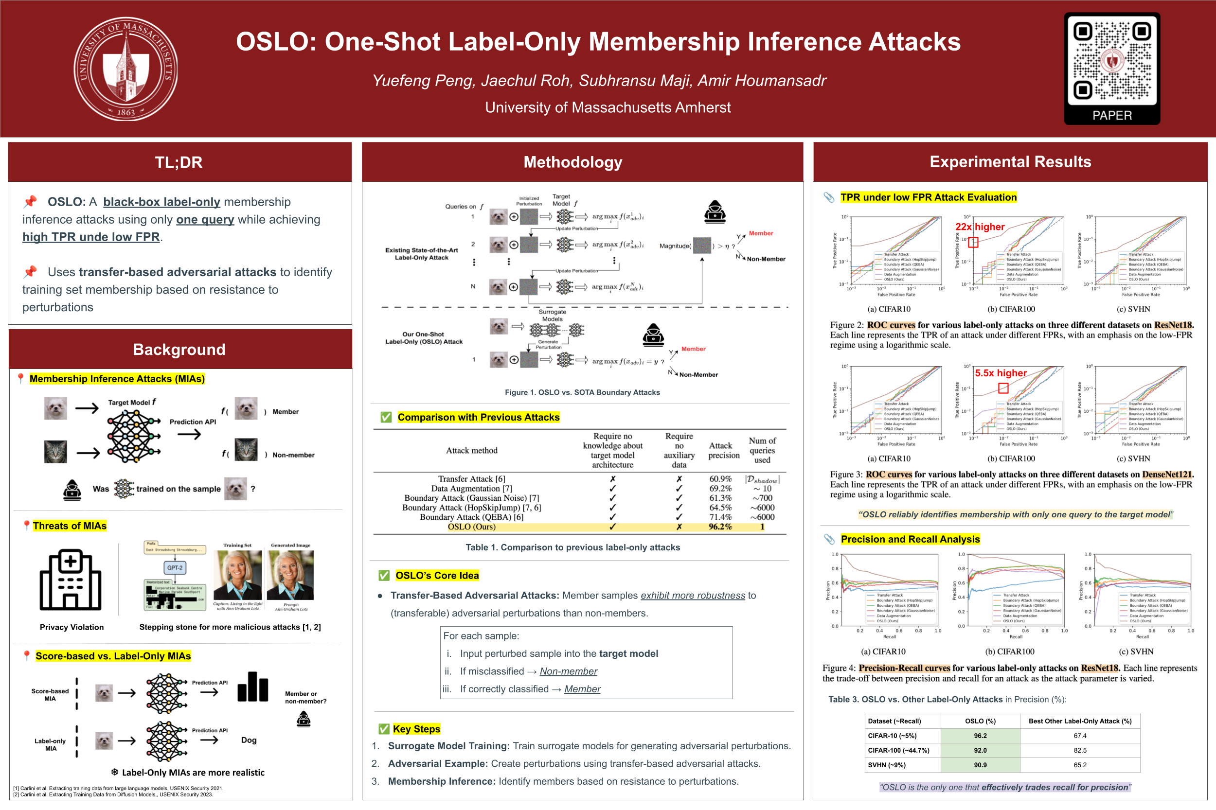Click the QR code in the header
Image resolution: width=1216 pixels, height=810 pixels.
pyautogui.click(x=1111, y=61)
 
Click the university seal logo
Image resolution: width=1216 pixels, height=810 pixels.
pyautogui.click(x=125, y=69)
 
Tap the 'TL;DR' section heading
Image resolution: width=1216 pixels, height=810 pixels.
pyautogui.click(x=179, y=162)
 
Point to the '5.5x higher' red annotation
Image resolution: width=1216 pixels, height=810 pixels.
pyautogui.click(x=1001, y=373)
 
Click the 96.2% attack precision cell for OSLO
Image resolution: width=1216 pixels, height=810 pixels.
pyautogui.click(x=720, y=527)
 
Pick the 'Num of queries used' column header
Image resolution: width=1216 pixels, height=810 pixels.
pyautogui.click(x=762, y=450)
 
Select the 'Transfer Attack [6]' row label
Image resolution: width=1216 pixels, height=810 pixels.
pyautogui.click(x=471, y=479)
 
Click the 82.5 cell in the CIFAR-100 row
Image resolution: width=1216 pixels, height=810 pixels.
pyautogui.click(x=1080, y=750)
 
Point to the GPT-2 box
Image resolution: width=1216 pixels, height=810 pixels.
pyautogui.click(x=175, y=568)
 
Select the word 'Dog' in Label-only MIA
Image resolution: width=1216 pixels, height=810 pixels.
pyautogui.click(x=249, y=740)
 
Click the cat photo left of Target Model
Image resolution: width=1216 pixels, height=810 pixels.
pyautogui.click(x=55, y=452)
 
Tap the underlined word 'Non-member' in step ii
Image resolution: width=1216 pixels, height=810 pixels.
pyautogui.click(x=568, y=671)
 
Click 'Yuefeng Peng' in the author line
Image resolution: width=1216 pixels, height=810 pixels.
pyautogui.click(x=422, y=81)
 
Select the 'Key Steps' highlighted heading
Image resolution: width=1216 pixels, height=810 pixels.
pyautogui.click(x=416, y=729)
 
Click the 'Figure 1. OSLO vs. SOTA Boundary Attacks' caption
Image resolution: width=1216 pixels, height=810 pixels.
pyautogui.click(x=582, y=392)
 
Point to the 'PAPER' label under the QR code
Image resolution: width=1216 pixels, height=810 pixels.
pyautogui.click(x=1111, y=115)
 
